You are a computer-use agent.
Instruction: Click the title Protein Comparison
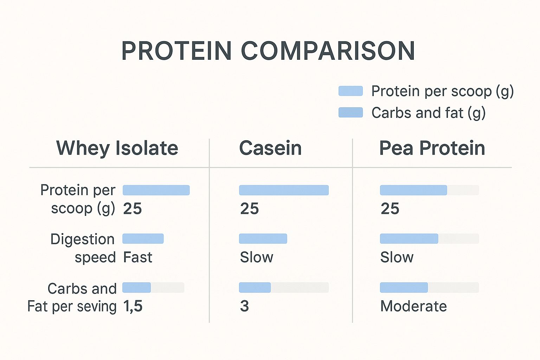pyautogui.click(x=268, y=51)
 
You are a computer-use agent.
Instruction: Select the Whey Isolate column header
pyautogui.click(x=117, y=148)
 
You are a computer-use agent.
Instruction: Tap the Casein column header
pyautogui.click(x=270, y=148)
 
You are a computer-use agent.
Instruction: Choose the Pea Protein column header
pyautogui.click(x=432, y=148)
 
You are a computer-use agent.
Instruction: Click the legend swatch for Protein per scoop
pyautogui.click(x=351, y=91)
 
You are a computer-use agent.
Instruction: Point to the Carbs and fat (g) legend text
pyautogui.click(x=428, y=113)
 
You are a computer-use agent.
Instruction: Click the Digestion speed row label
pyautogui.click(x=83, y=248)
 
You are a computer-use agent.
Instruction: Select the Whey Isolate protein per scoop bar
pyautogui.click(x=156, y=190)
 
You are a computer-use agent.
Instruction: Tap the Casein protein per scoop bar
pyautogui.click(x=284, y=190)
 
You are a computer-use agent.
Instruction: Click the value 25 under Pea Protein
pyautogui.click(x=390, y=209)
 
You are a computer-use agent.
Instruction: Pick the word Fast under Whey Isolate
pyautogui.click(x=137, y=257)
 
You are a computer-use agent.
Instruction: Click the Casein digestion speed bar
pyautogui.click(x=263, y=239)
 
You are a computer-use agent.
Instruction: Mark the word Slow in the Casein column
pyautogui.click(x=256, y=257)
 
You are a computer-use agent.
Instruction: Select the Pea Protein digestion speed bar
pyautogui.click(x=409, y=239)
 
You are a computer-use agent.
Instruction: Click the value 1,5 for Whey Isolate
pyautogui.click(x=133, y=306)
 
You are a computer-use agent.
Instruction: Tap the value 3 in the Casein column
pyautogui.click(x=244, y=306)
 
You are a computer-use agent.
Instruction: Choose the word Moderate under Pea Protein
pyautogui.click(x=413, y=306)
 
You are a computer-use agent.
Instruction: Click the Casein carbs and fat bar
pyautogui.click(x=255, y=288)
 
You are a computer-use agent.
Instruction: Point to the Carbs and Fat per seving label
pyautogui.click(x=72, y=297)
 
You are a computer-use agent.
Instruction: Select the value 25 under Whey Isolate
pyautogui.click(x=132, y=209)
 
